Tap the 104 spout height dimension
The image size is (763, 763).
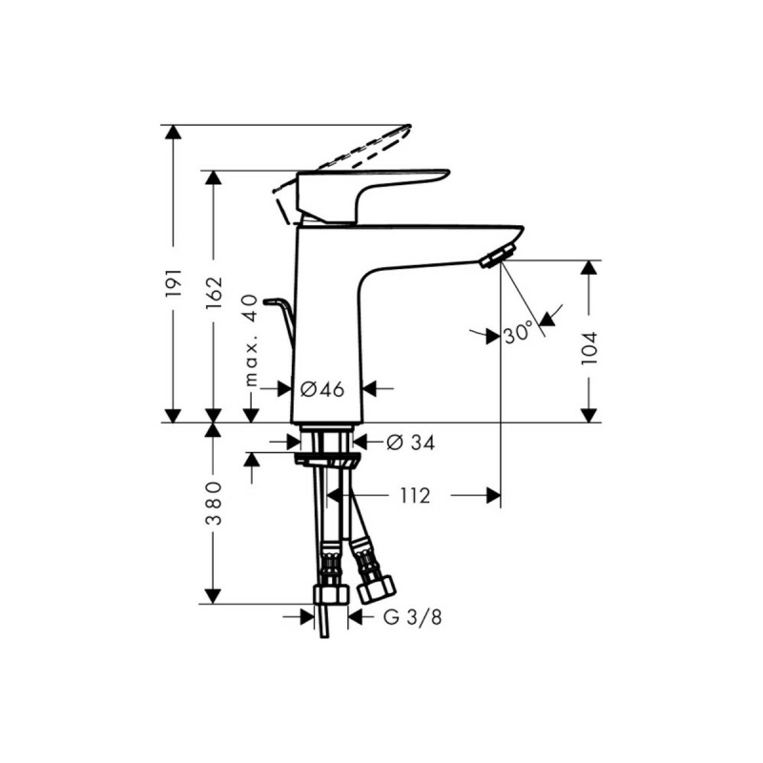coord(588,348)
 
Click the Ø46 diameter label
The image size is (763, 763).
coord(321,389)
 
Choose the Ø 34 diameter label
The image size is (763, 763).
coord(411,443)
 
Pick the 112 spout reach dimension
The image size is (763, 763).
coord(415,496)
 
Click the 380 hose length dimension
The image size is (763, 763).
coord(214,504)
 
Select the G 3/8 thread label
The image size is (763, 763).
coord(413,617)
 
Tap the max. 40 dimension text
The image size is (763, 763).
coord(251,340)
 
